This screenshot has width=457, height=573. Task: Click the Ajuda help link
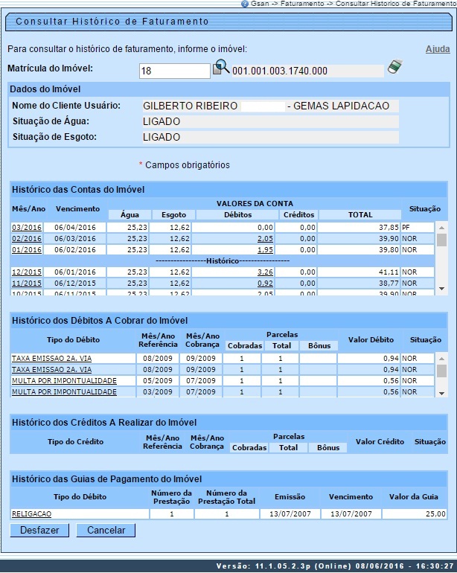[x=437, y=49]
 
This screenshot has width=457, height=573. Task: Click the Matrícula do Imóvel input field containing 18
[x=175, y=71]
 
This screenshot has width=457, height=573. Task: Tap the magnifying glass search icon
[x=221, y=68]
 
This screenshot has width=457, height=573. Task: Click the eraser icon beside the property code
[x=394, y=68]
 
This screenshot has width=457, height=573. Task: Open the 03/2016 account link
[x=26, y=227]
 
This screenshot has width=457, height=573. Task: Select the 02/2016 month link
[x=26, y=238]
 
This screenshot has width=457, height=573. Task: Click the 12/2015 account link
[x=26, y=272]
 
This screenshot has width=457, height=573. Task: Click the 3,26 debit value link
[x=264, y=272]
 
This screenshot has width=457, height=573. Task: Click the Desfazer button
[x=40, y=531]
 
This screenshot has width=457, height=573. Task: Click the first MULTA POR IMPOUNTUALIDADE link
[x=64, y=380]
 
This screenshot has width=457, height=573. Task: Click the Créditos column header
[x=298, y=214]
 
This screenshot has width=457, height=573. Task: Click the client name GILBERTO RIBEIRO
[x=191, y=106]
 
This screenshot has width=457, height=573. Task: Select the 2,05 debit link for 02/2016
[x=264, y=238]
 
